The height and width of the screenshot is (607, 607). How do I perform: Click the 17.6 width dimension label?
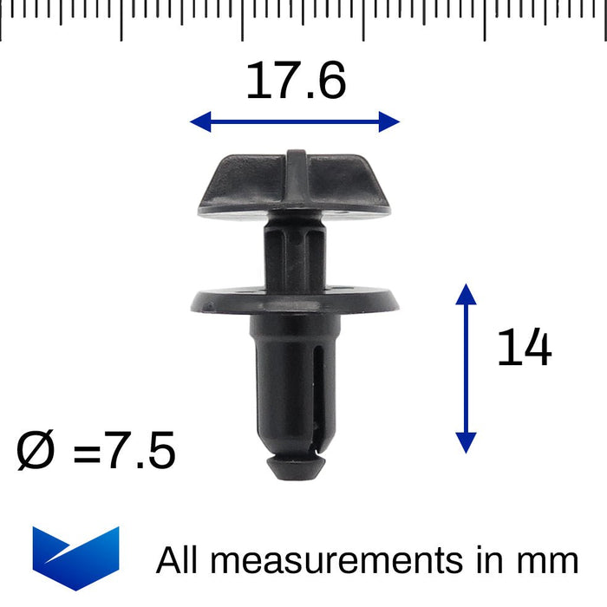pyautogui.click(x=296, y=81)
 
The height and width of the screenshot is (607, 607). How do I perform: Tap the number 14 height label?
pyautogui.click(x=525, y=347)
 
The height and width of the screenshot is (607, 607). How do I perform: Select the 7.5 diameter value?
pyautogui.click(x=140, y=450)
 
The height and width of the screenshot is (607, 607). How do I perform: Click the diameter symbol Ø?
pyautogui.click(x=36, y=451)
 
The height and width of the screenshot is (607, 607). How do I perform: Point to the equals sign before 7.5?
pyautogui.click(x=87, y=454)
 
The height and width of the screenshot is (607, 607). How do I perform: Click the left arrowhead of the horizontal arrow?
pyautogui.click(x=200, y=122)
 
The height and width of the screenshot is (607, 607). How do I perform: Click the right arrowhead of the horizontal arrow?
pyautogui.click(x=389, y=122)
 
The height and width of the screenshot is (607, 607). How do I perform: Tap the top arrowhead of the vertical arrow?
pyautogui.click(x=467, y=294)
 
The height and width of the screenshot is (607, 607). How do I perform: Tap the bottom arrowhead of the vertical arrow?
pyautogui.click(x=467, y=443)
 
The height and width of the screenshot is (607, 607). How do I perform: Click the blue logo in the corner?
pyautogui.click(x=76, y=558)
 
